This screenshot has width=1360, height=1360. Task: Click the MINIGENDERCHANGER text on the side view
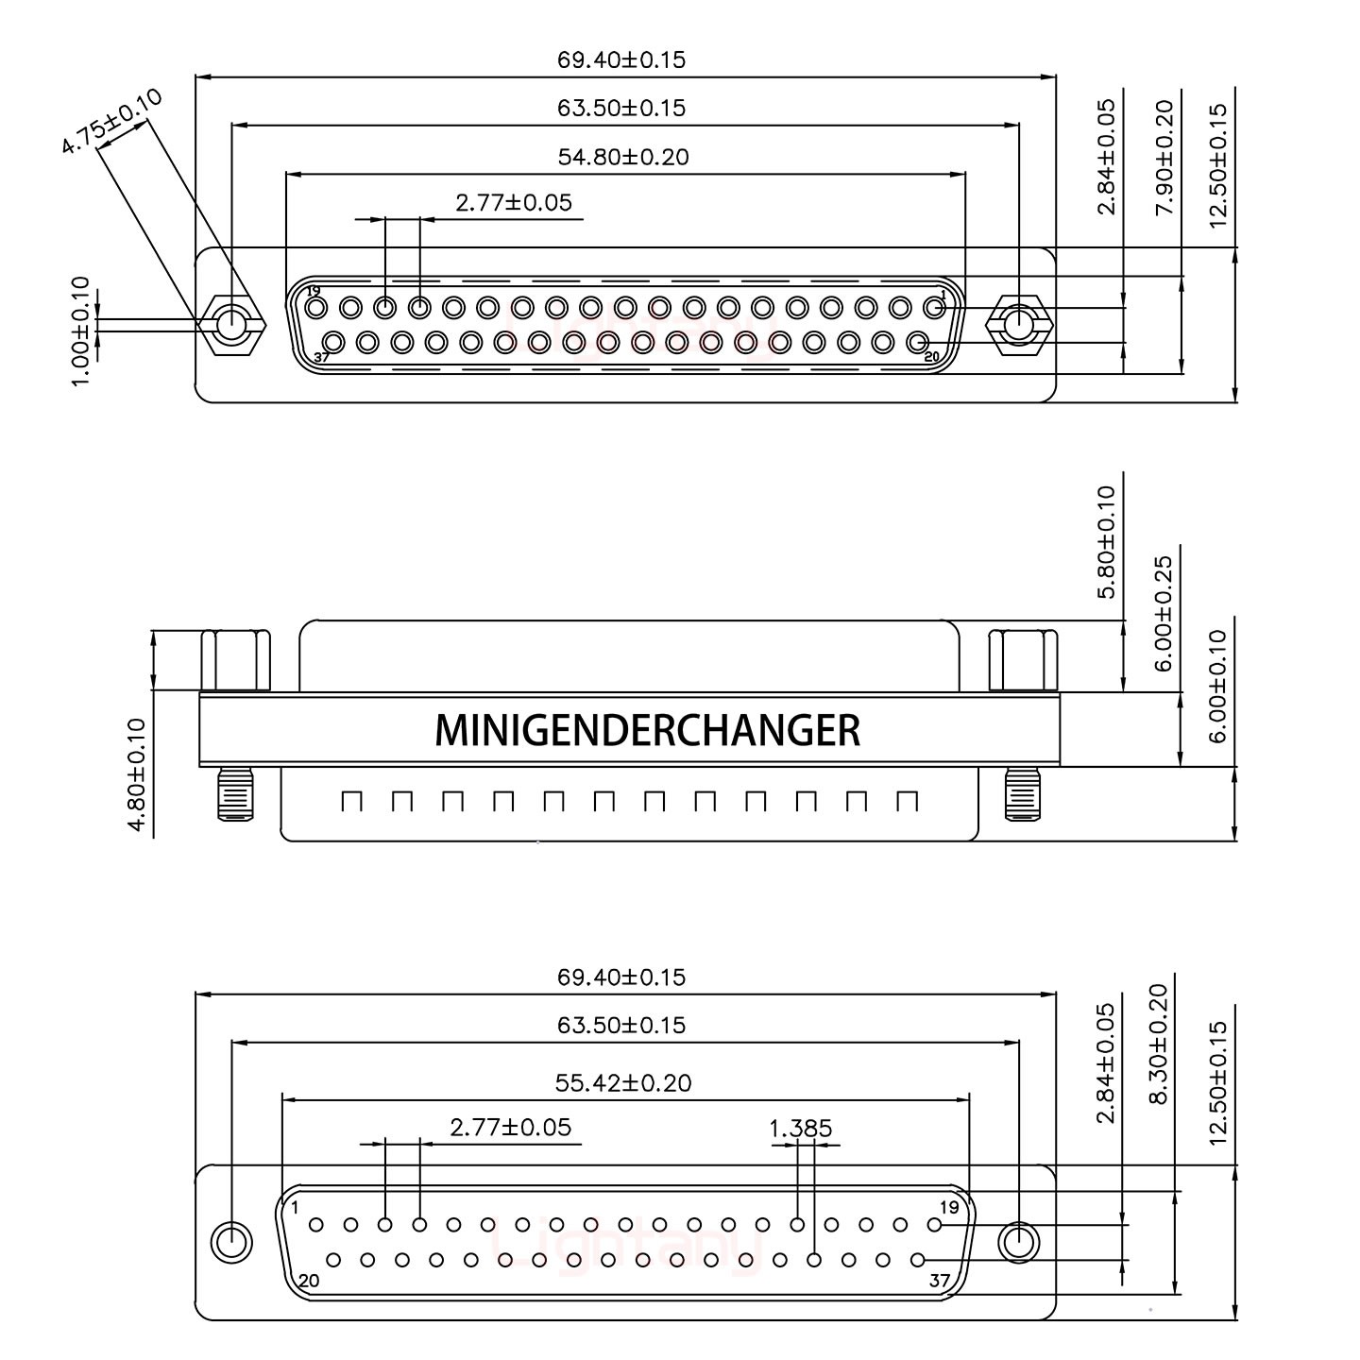click(647, 730)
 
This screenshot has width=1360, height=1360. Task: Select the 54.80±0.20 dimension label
click(623, 157)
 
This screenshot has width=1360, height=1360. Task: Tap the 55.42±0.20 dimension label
click(623, 1082)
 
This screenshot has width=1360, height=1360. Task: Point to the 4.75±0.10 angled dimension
click(110, 121)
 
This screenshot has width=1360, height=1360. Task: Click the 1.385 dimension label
click(801, 1128)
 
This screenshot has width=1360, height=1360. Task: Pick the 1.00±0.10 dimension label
click(81, 329)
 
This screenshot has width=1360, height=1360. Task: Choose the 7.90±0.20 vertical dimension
click(1164, 157)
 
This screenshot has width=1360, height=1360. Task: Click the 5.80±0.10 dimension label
click(1106, 541)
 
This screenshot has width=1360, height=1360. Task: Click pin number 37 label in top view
click(321, 358)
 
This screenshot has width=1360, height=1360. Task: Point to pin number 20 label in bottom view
click(308, 1281)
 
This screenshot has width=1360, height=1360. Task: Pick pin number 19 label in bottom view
click(949, 1207)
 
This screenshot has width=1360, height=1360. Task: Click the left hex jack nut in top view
click(230, 326)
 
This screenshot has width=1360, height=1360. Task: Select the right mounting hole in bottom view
click(1018, 1242)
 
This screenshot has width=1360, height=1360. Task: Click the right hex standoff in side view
click(1023, 661)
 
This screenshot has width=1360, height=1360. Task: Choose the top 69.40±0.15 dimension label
click(620, 60)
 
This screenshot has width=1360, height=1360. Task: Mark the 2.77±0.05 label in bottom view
click(511, 1128)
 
